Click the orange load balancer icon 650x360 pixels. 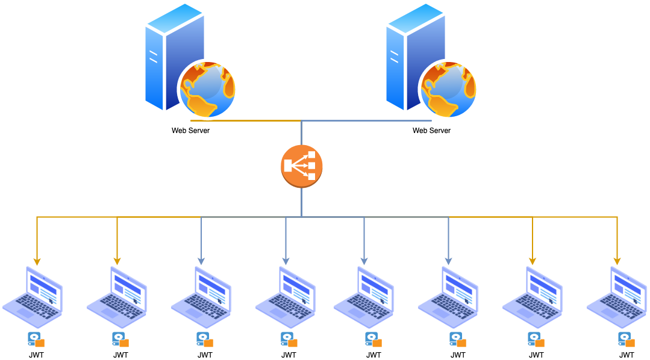(302, 166)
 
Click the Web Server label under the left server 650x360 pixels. (190, 131)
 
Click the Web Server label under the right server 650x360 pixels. (431, 131)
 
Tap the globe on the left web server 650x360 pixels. (208, 89)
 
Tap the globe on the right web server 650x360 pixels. (449, 89)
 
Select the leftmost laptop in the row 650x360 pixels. (33, 297)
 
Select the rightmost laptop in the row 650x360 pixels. (617, 297)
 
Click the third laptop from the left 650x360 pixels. (202, 297)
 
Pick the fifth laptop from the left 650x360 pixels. (364, 297)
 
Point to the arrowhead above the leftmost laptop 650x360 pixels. (37, 261)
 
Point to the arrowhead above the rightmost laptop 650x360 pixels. (617, 261)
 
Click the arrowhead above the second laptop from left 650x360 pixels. (117, 261)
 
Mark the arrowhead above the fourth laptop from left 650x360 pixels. (286, 261)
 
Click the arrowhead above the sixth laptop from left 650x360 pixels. (448, 261)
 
